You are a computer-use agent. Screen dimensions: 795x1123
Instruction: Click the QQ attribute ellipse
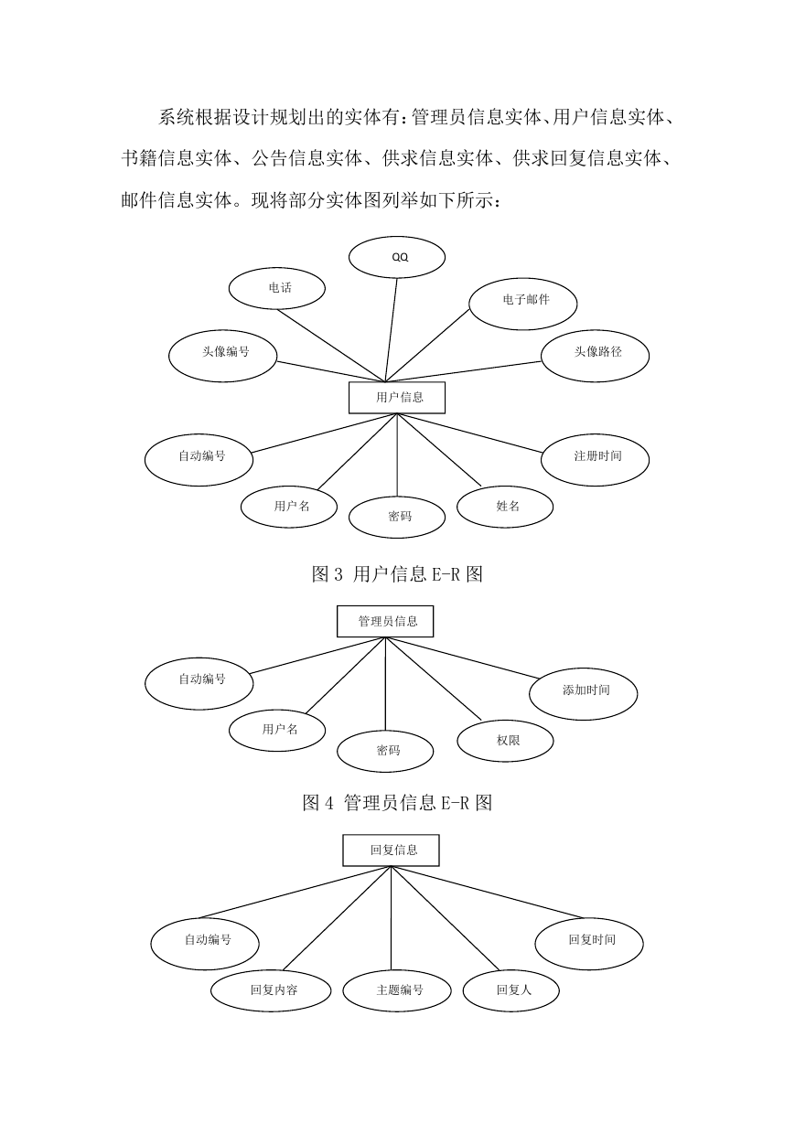pos(397,257)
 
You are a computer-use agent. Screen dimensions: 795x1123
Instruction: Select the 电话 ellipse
pos(277,288)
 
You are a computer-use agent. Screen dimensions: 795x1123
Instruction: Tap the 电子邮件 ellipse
pos(523,304)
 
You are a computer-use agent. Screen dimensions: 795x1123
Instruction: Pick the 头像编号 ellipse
pos(222,356)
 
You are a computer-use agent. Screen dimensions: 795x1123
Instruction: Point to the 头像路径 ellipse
pos(595,356)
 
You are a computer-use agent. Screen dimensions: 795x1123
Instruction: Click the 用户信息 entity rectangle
pos(397,398)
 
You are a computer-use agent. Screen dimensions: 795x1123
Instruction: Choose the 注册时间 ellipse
pos(595,460)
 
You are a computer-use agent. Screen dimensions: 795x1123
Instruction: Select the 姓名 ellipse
pos(505,507)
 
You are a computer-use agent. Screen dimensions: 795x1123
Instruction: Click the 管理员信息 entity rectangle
pos(385,622)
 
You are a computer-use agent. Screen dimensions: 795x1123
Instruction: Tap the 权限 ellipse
pos(506,741)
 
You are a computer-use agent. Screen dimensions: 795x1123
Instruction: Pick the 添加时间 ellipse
pos(584,694)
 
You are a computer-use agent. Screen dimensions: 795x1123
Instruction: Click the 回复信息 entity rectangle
pos(392,850)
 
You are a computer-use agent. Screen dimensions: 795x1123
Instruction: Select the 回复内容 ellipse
pos(271,991)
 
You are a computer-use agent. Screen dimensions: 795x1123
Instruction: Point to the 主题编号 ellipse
pos(397,991)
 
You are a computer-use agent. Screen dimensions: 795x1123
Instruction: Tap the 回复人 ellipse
pos(511,991)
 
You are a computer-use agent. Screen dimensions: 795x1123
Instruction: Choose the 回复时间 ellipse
pos(589,944)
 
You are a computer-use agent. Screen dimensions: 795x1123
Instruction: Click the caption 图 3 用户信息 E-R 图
pos(397,574)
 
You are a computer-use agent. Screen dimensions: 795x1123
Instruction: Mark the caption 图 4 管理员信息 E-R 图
pos(397,803)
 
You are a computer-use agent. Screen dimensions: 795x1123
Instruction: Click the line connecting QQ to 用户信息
pos(392,330)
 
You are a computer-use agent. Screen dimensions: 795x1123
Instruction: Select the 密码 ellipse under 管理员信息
pos(385,752)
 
